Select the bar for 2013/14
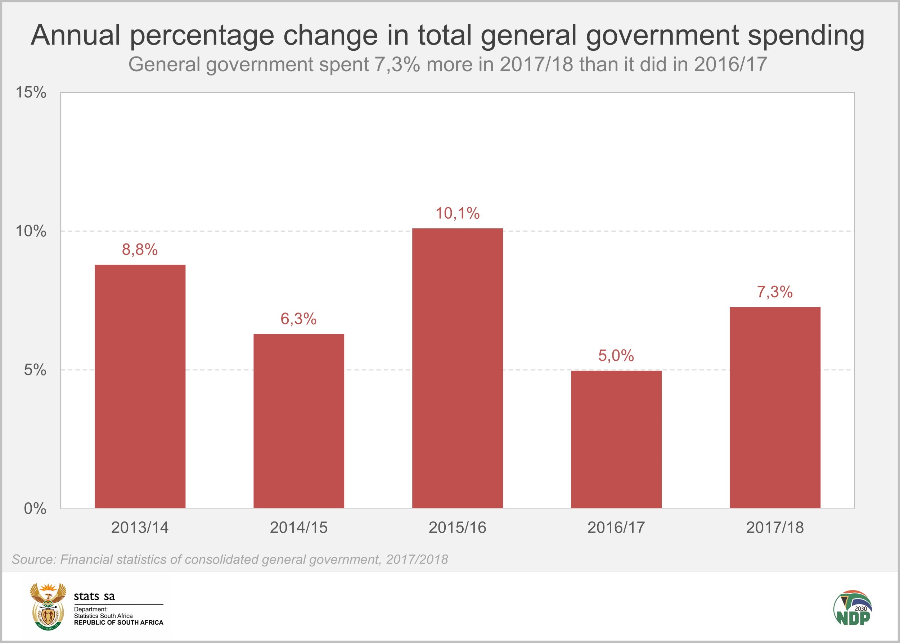pos(140,386)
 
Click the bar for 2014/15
pos(298,420)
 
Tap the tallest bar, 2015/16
pos(457,368)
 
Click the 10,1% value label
pos(457,213)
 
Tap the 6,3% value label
pos(298,319)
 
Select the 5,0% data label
pos(616,356)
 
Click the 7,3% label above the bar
pos(775,292)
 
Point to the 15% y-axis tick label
pos(31,92)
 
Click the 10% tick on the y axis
pos(31,231)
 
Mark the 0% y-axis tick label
pos(35,509)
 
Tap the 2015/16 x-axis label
pos(457,528)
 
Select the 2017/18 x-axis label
pos(775,528)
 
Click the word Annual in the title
pos(75,35)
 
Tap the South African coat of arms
pos(48,606)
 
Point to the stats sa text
pos(94,596)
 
